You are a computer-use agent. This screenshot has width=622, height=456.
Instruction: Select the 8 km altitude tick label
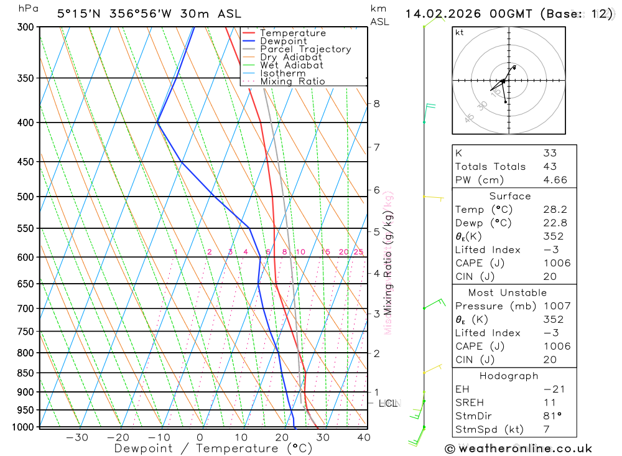coord(376,103)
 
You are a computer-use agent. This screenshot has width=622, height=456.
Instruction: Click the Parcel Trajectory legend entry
coord(305,49)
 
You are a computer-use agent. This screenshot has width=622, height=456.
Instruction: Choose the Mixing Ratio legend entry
coord(292,81)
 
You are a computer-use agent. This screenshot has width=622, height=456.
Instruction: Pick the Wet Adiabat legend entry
coord(292,65)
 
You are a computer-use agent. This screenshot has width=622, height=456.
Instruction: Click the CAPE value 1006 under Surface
coord(556,263)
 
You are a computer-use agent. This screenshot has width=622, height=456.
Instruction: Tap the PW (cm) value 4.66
coord(555,180)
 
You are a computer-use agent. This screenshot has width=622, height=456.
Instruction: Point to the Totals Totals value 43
coord(550,167)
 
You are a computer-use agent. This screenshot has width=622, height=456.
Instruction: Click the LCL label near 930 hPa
coord(388,404)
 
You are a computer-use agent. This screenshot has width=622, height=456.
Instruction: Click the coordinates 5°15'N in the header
coord(80,14)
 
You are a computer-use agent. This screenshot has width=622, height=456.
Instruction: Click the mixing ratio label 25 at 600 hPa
coord(358,252)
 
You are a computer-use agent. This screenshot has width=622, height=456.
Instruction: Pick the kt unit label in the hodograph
coord(460,32)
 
